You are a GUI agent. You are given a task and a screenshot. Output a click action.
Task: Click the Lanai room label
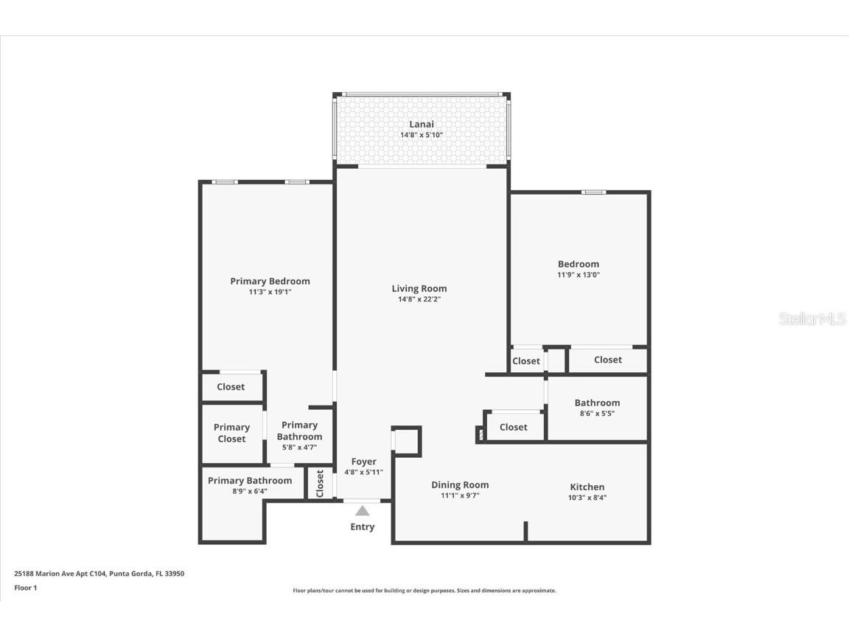point(421,124)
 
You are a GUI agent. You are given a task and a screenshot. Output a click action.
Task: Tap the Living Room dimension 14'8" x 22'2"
point(419,299)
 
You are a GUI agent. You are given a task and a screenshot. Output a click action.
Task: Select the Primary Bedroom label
point(270,281)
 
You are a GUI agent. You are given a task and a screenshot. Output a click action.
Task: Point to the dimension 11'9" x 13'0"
point(579,275)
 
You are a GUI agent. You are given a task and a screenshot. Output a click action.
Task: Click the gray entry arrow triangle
point(362,511)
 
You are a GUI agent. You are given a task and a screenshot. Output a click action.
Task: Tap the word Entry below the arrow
point(362,527)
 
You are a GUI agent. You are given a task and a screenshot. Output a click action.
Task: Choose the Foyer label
point(363,462)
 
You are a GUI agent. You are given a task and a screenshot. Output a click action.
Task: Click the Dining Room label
point(460,484)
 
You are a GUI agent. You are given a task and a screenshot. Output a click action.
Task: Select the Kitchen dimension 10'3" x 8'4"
point(587,498)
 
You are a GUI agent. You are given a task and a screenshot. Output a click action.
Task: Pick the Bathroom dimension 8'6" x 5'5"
point(597,414)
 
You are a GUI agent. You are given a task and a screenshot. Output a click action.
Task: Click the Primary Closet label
point(231,433)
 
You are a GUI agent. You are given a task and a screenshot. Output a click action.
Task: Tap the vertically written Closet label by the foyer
point(320,484)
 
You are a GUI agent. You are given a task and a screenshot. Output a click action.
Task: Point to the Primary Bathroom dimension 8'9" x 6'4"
point(249,491)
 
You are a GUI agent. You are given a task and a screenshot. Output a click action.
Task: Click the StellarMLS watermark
point(812,319)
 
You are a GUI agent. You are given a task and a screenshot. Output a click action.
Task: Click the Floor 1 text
point(25,588)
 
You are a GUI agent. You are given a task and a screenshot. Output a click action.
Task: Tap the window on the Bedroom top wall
point(593,192)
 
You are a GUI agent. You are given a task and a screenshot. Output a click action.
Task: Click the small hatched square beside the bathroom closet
point(481,436)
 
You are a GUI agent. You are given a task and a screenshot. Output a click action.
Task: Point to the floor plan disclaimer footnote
point(424,591)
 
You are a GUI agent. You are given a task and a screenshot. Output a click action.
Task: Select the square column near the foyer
point(406,441)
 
